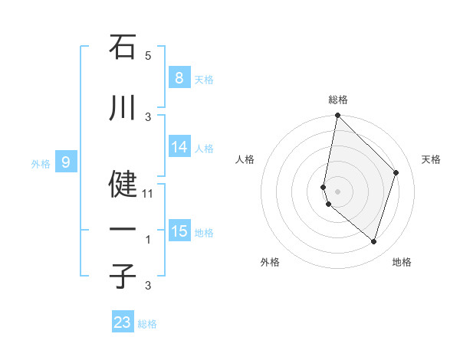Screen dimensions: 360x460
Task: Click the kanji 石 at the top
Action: tap(123, 47)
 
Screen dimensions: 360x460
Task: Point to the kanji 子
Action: tap(123, 277)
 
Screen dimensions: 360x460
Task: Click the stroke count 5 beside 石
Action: tap(148, 56)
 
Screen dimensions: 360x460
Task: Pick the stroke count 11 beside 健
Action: tap(149, 193)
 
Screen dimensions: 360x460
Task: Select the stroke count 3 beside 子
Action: tap(148, 286)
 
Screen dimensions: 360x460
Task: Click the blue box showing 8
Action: tap(179, 78)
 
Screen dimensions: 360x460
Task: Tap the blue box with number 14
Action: tap(180, 147)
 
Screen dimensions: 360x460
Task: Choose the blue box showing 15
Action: tap(180, 231)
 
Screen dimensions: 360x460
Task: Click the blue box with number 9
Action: tap(66, 162)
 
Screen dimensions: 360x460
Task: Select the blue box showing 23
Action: tap(123, 322)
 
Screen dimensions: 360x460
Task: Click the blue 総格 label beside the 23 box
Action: tap(147, 324)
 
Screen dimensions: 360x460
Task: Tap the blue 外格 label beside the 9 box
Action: tap(41, 163)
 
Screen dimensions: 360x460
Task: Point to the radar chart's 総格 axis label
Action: tap(338, 100)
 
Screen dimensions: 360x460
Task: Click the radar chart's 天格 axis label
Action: tap(431, 159)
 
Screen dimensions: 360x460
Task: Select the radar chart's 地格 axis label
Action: tap(402, 263)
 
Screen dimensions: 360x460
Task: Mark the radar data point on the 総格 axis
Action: tap(337, 116)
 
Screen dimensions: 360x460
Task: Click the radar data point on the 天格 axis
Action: tap(396, 172)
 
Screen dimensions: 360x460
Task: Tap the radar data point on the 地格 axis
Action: tap(373, 241)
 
